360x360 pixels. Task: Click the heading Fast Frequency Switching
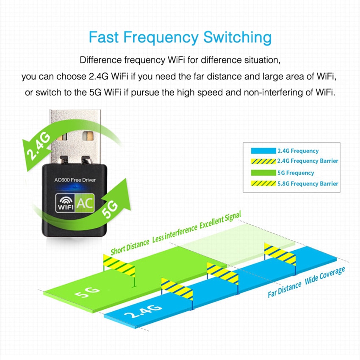(180, 37)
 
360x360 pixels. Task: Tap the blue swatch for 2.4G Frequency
(263, 150)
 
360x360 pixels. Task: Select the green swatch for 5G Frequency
(263, 173)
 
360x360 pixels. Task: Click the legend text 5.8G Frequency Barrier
(307, 184)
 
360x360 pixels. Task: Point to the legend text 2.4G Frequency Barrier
(307, 161)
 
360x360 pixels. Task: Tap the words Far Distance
(284, 290)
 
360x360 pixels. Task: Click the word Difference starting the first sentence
(101, 59)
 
